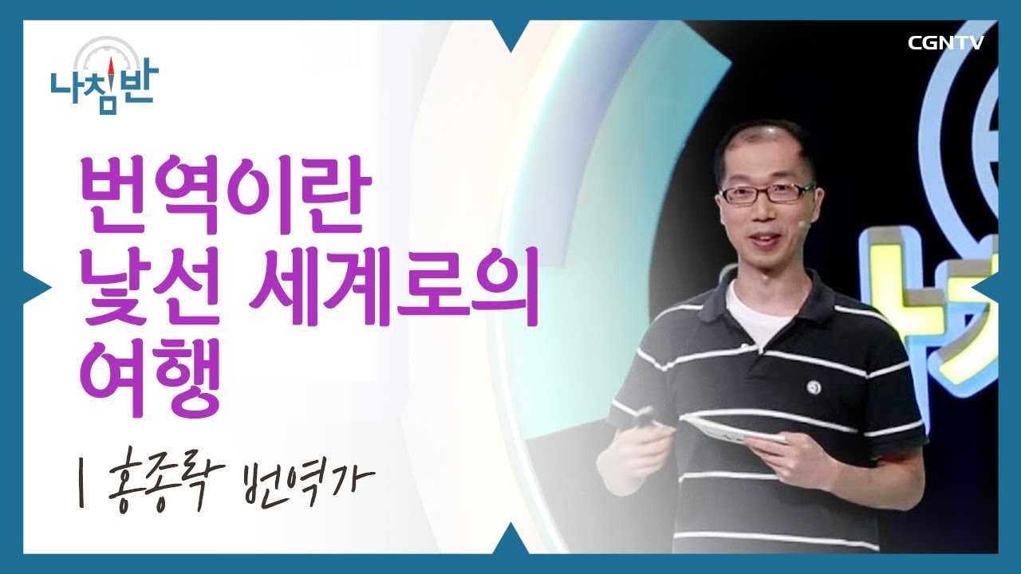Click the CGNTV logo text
pyautogui.click(x=945, y=42)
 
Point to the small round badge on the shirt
pyautogui.click(x=814, y=386)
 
